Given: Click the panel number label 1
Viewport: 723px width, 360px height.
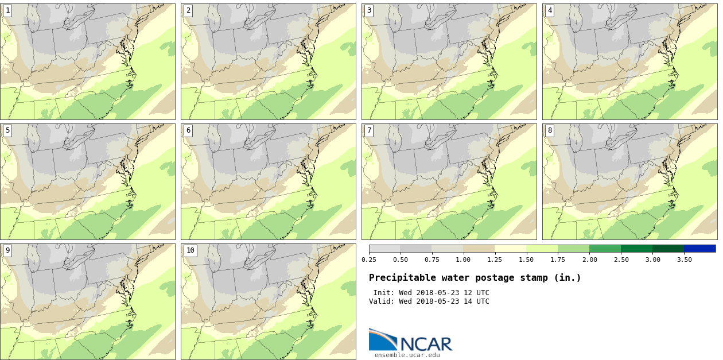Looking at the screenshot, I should tap(7, 10).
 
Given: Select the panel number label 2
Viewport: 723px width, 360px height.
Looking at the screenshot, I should tap(188, 10).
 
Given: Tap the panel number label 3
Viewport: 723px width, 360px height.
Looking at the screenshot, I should tap(369, 10).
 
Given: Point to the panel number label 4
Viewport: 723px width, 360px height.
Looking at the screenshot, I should tap(550, 10).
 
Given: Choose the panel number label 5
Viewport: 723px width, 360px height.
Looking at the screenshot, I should tap(7, 130).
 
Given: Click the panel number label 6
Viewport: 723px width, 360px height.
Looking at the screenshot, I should tap(188, 130).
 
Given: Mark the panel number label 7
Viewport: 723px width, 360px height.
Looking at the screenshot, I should tap(369, 130).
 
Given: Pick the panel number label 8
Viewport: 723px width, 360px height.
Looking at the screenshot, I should tap(550, 130).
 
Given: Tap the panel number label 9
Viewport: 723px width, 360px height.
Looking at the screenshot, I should tap(7, 250).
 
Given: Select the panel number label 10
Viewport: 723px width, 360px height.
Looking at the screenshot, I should tap(190, 250).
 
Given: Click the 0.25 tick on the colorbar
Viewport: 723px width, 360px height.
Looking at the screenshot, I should tap(369, 260).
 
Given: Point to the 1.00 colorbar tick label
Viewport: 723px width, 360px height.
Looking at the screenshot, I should tap(463, 260).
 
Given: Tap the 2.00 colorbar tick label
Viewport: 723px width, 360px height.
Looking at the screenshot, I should tap(589, 260).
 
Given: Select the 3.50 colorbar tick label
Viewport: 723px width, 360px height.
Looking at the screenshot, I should tap(684, 260).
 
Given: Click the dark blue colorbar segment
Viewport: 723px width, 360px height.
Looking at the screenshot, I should tap(699, 249).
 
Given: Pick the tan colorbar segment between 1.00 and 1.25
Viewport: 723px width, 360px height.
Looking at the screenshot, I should tap(479, 249).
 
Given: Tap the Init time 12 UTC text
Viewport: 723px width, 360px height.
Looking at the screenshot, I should tap(477, 293).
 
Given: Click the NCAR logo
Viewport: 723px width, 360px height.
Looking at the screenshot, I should tap(410, 340).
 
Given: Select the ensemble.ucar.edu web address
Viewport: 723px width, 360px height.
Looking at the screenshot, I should tap(407, 355).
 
